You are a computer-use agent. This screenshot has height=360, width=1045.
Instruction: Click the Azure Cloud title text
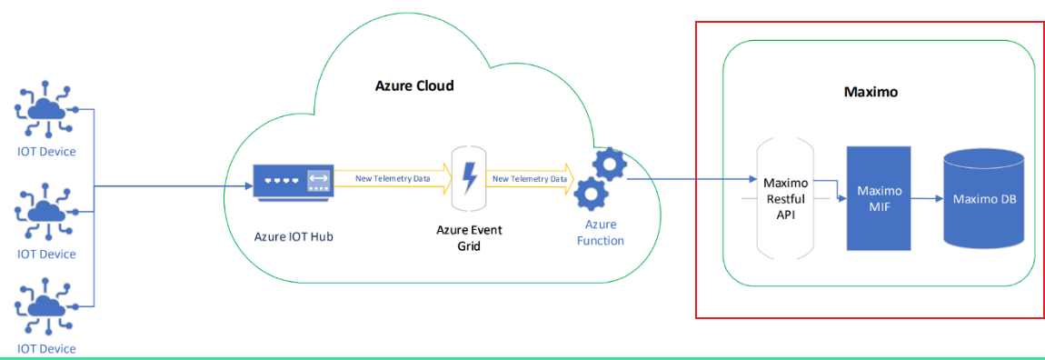[x=414, y=86]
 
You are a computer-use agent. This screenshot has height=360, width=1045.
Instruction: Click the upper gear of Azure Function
[x=608, y=165]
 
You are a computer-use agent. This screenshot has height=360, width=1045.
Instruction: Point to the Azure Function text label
[x=600, y=233]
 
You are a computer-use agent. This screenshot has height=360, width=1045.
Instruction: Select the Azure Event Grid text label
[x=468, y=237]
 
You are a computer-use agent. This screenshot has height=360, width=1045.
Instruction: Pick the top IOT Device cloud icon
[x=45, y=109]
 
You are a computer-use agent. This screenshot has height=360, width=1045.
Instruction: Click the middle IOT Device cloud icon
[x=45, y=212]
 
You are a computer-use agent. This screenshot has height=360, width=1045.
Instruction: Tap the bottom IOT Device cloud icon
[x=45, y=306]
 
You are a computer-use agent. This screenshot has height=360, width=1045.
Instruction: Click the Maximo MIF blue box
[x=879, y=198]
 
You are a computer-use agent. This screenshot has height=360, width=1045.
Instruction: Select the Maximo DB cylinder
[x=984, y=199]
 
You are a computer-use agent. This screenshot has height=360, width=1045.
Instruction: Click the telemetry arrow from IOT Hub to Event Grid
[x=393, y=179]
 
